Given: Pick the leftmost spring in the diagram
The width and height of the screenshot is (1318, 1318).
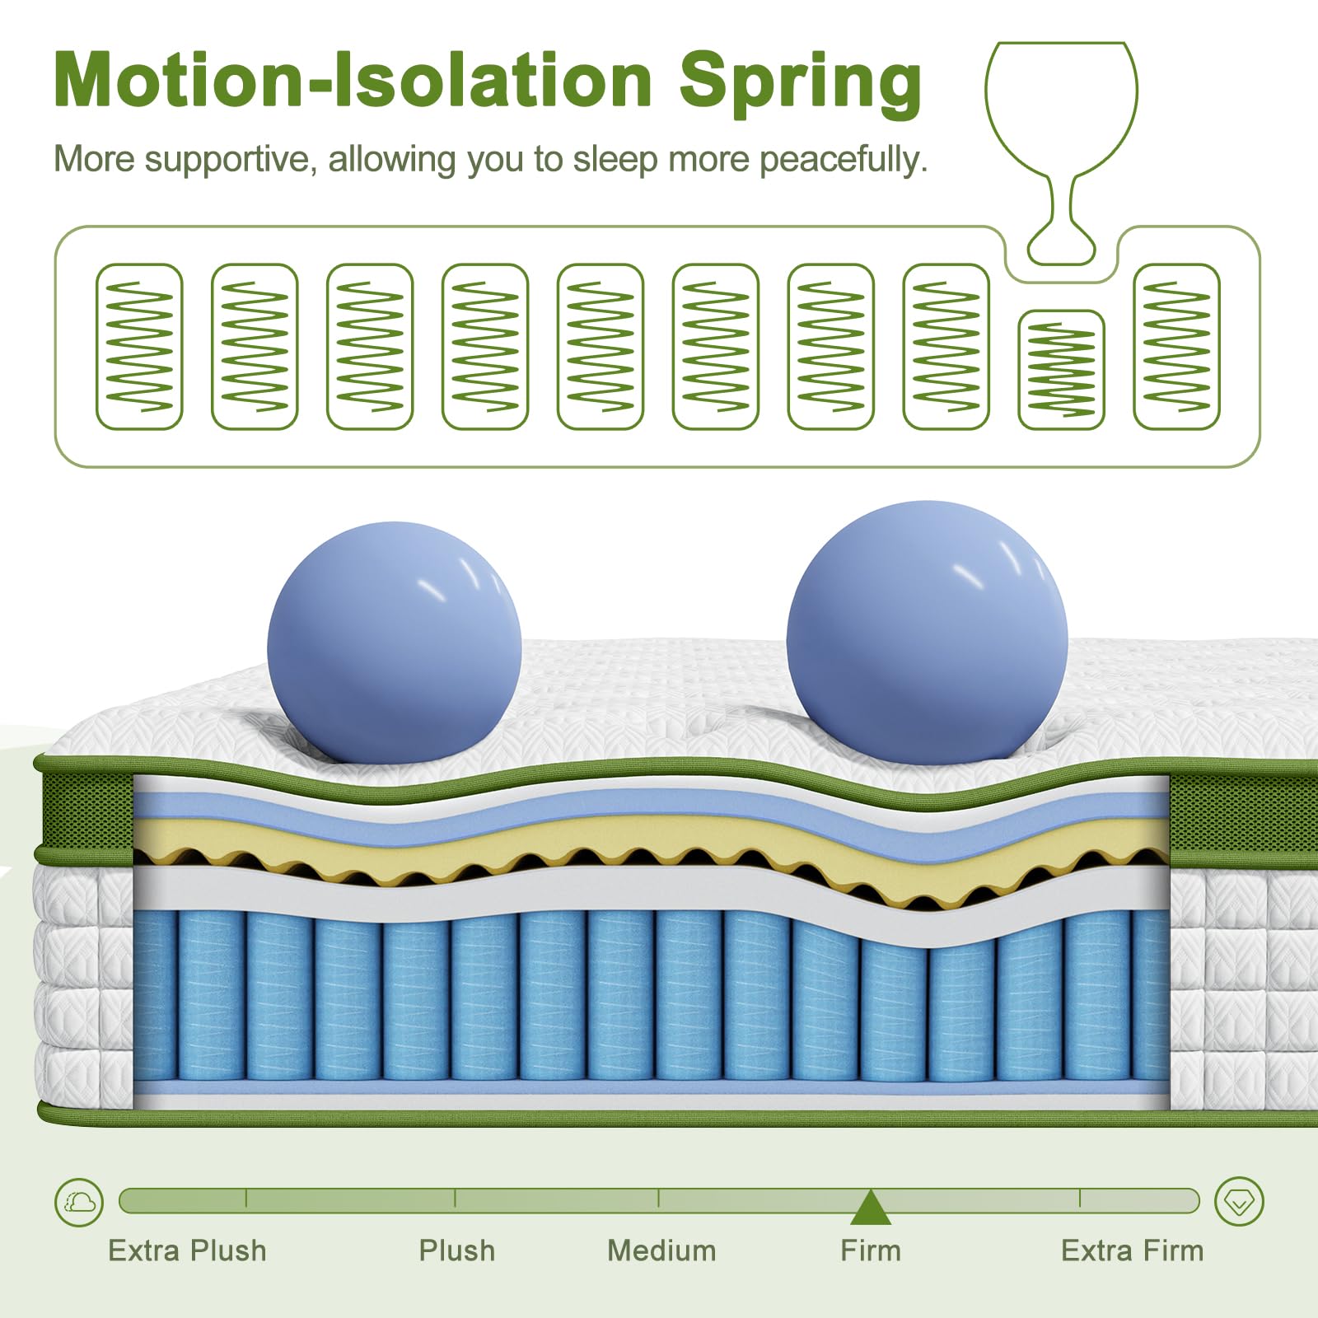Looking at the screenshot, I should click(139, 346).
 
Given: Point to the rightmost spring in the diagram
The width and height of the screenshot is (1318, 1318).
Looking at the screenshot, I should click(1176, 346).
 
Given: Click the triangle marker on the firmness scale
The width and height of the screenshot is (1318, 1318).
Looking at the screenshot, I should click(871, 1208).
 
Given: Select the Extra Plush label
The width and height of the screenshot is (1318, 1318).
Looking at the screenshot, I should click(187, 1250).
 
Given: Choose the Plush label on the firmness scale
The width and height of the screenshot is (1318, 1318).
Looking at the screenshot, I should click(456, 1250).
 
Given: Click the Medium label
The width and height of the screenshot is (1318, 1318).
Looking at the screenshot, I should click(661, 1250).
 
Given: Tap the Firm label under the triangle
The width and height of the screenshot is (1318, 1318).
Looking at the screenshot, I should click(871, 1250).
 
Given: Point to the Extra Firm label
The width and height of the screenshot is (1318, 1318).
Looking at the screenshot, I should click(1132, 1250).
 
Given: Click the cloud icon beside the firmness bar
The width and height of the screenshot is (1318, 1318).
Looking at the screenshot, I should click(79, 1202).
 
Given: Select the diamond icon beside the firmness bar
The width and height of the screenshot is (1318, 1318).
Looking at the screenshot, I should click(1239, 1202).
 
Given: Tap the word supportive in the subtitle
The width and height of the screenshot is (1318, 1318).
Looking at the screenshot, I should click(227, 159).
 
